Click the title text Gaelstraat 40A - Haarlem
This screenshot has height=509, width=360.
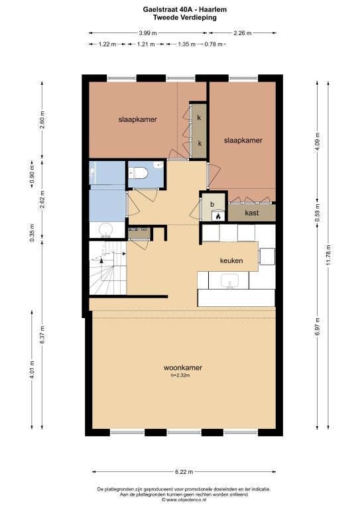point(185,10)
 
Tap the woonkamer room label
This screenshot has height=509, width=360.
point(183,367)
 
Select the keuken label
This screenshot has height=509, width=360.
point(231,260)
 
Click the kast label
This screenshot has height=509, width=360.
point(252,213)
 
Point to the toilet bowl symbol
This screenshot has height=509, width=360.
point(139,173)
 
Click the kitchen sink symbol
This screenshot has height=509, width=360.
point(230,281)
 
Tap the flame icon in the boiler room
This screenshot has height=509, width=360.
point(219,216)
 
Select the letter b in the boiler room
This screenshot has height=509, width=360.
point(212,204)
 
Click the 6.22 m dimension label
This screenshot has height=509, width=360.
point(184,472)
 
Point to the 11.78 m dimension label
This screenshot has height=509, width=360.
point(329,254)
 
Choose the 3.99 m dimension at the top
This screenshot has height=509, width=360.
point(148,32)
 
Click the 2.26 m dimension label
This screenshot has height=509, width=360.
point(243,32)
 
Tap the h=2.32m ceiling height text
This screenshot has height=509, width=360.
point(180,375)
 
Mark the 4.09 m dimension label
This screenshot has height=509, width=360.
point(318,142)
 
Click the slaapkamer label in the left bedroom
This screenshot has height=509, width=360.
point(138,119)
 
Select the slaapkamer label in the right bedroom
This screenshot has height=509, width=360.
point(243,141)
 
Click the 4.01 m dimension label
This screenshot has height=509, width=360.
point(32,370)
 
